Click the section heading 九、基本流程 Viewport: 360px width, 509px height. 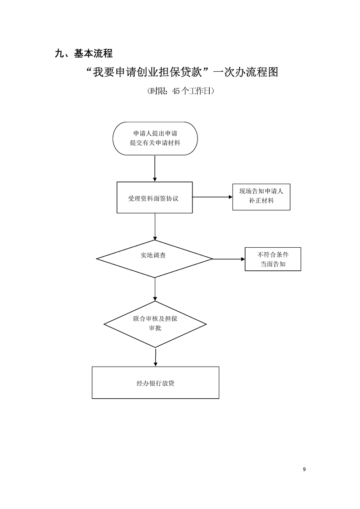click(x=84, y=54)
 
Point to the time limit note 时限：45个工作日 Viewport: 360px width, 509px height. click(x=181, y=91)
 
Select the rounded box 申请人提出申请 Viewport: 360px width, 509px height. click(x=155, y=138)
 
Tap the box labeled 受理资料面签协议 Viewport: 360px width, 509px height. click(x=154, y=197)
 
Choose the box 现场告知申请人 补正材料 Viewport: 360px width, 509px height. click(x=261, y=196)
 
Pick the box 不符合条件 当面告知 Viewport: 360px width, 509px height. click(x=273, y=259)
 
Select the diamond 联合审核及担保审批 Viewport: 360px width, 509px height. click(x=155, y=324)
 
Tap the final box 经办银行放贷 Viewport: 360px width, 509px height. click(x=155, y=383)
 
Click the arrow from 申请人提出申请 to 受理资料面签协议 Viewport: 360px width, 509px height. click(x=155, y=168)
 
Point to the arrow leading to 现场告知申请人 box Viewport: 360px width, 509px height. click(x=212, y=197)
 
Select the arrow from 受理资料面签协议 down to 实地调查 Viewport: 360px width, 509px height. click(x=155, y=226)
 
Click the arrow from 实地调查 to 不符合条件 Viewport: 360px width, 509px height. click(x=229, y=259)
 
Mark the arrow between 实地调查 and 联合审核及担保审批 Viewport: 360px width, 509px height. click(x=155, y=289)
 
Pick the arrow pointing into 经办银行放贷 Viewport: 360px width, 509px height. click(x=155, y=357)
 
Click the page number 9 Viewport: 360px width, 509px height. click(x=304, y=470)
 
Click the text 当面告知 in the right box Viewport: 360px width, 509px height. click(x=273, y=264)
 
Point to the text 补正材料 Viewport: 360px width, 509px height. click(x=261, y=201)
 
